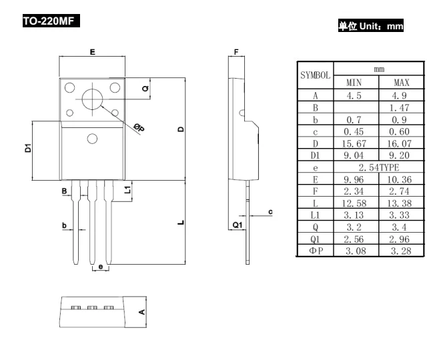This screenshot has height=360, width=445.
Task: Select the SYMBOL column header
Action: point(314,75)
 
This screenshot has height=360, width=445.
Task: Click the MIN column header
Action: point(355,82)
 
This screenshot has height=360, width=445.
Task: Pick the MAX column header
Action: point(400,82)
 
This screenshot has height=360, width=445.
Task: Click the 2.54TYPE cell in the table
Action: point(378,179)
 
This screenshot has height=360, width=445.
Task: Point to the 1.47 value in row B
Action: point(400,106)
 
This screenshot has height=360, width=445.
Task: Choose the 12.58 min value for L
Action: point(355,203)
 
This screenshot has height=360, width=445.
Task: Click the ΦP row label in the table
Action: point(314,251)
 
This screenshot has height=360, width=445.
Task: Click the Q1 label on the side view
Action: point(237,225)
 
